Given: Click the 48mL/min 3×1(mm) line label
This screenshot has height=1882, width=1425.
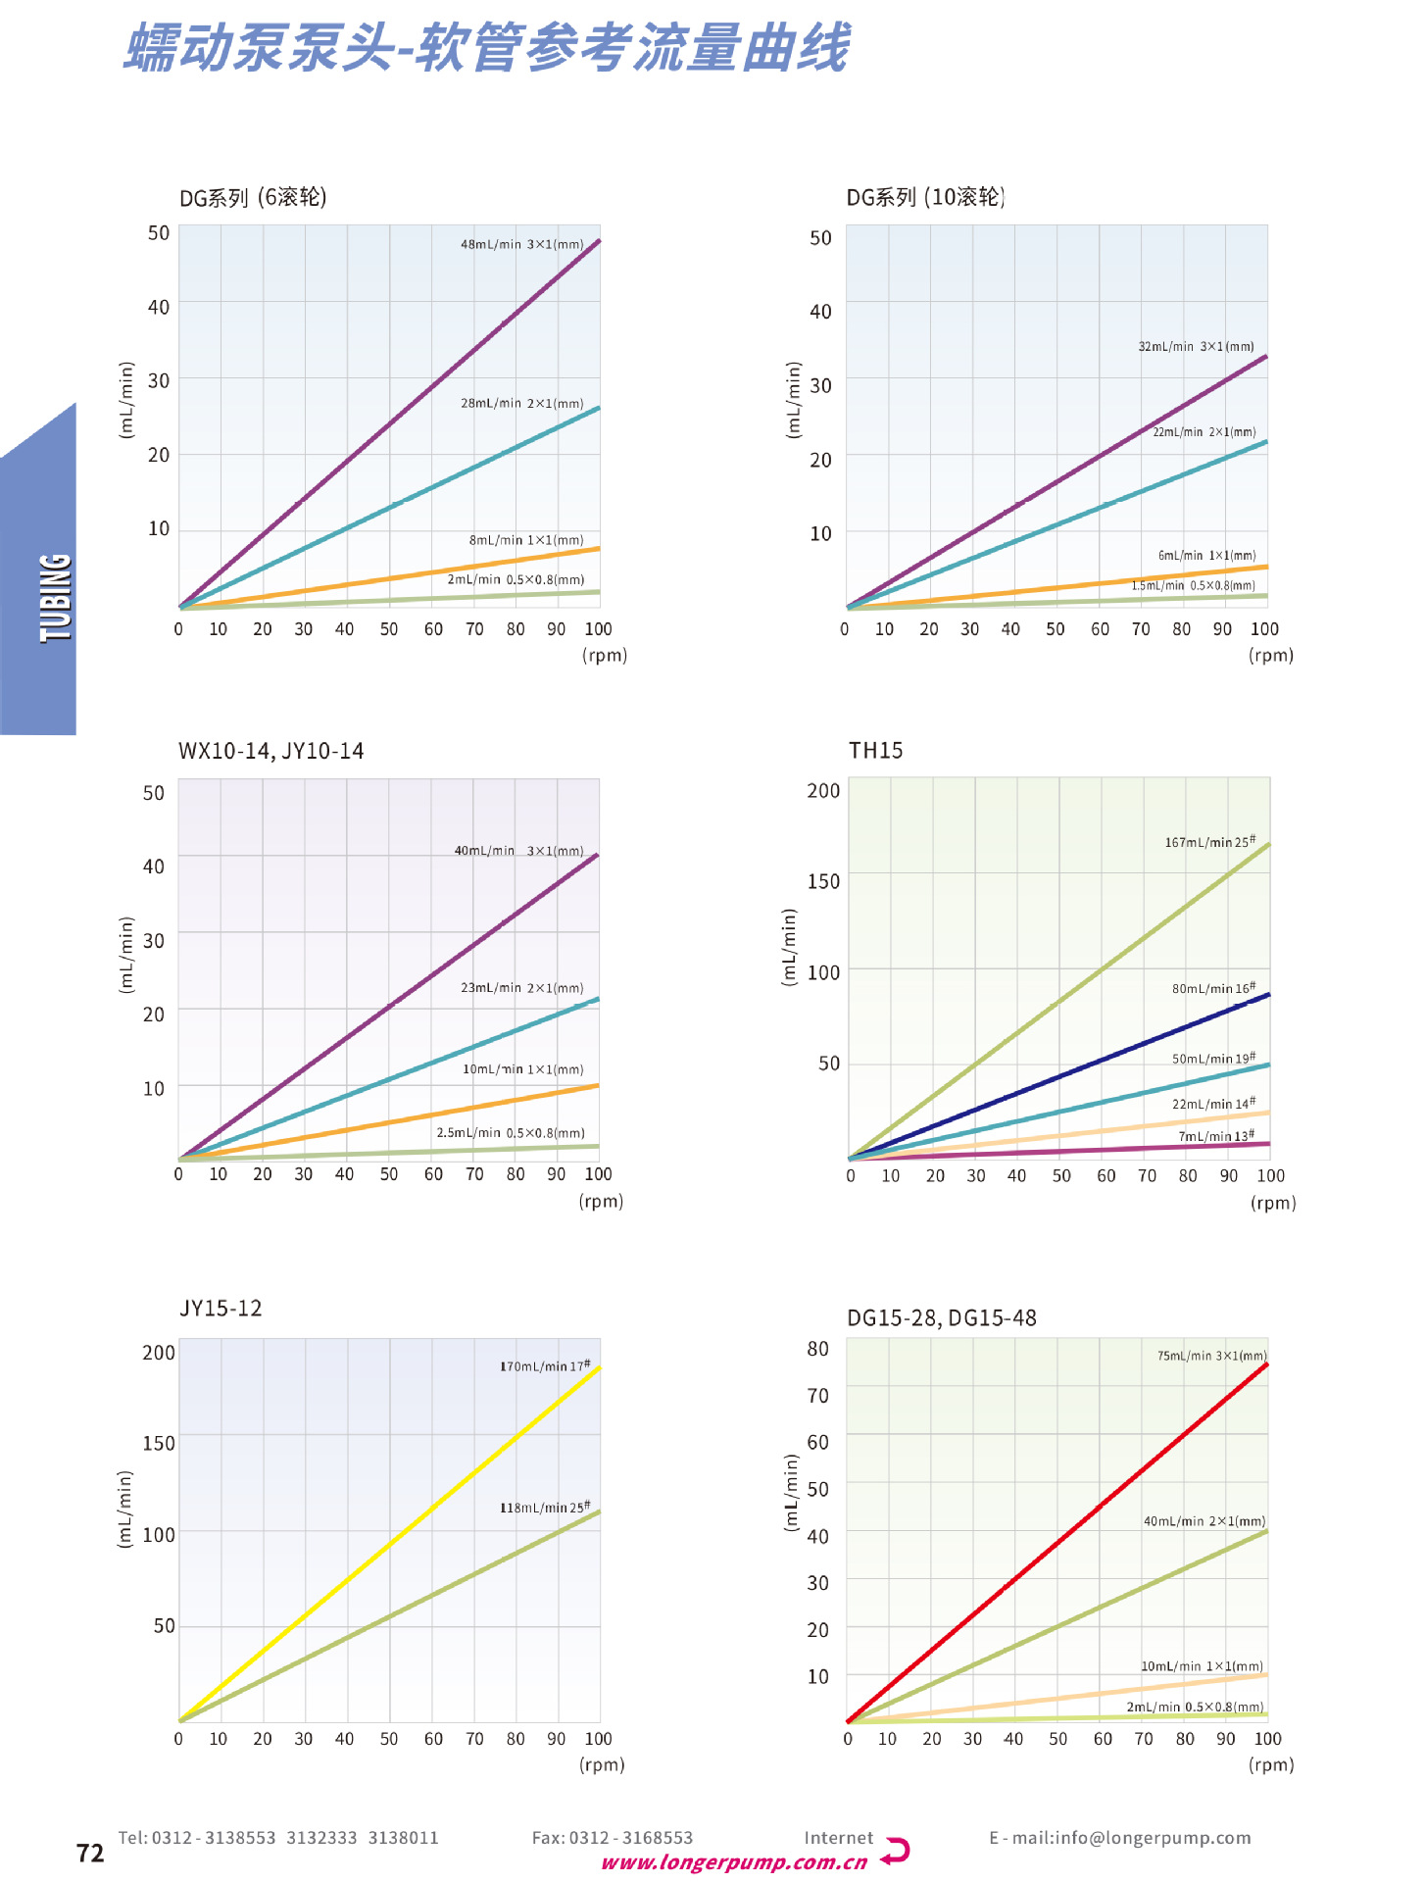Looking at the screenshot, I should tap(521, 244).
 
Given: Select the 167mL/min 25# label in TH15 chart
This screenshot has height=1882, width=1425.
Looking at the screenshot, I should tap(1209, 842).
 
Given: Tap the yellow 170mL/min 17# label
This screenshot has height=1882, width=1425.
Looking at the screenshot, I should tap(545, 1365).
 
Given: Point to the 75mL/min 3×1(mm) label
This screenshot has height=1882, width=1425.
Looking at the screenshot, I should tap(1211, 1356).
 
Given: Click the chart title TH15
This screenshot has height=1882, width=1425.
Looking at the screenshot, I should tap(875, 751).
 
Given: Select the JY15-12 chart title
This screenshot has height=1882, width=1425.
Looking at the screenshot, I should tap(221, 1309).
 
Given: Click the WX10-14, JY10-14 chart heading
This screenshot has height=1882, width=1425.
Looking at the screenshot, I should tap(270, 751).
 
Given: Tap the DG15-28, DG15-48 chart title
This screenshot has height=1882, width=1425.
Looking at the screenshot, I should tap(941, 1318).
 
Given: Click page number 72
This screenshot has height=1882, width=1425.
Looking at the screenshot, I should tap(90, 1853).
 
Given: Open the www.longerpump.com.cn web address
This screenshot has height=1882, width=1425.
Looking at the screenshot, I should tap(734, 1862).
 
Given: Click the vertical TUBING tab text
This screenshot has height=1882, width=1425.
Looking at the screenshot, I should tap(56, 598).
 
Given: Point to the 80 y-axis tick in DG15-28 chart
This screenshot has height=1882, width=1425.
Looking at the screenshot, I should tap(817, 1349).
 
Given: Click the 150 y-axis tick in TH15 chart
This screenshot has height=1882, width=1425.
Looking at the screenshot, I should tap(823, 881).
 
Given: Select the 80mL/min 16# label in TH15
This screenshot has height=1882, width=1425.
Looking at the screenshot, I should tap(1213, 988).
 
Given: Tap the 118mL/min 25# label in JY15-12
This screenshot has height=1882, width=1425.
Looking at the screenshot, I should tap(545, 1507).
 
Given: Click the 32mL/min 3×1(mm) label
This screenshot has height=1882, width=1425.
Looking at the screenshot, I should tap(1196, 346).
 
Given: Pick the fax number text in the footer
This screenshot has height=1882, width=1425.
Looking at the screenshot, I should tap(612, 1838).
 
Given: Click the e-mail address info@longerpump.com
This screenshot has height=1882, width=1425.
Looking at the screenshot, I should tap(1119, 1838).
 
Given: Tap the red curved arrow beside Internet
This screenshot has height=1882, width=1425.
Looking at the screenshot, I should tap(896, 1851).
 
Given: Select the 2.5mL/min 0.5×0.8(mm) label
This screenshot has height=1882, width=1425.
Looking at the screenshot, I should tap(510, 1132).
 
